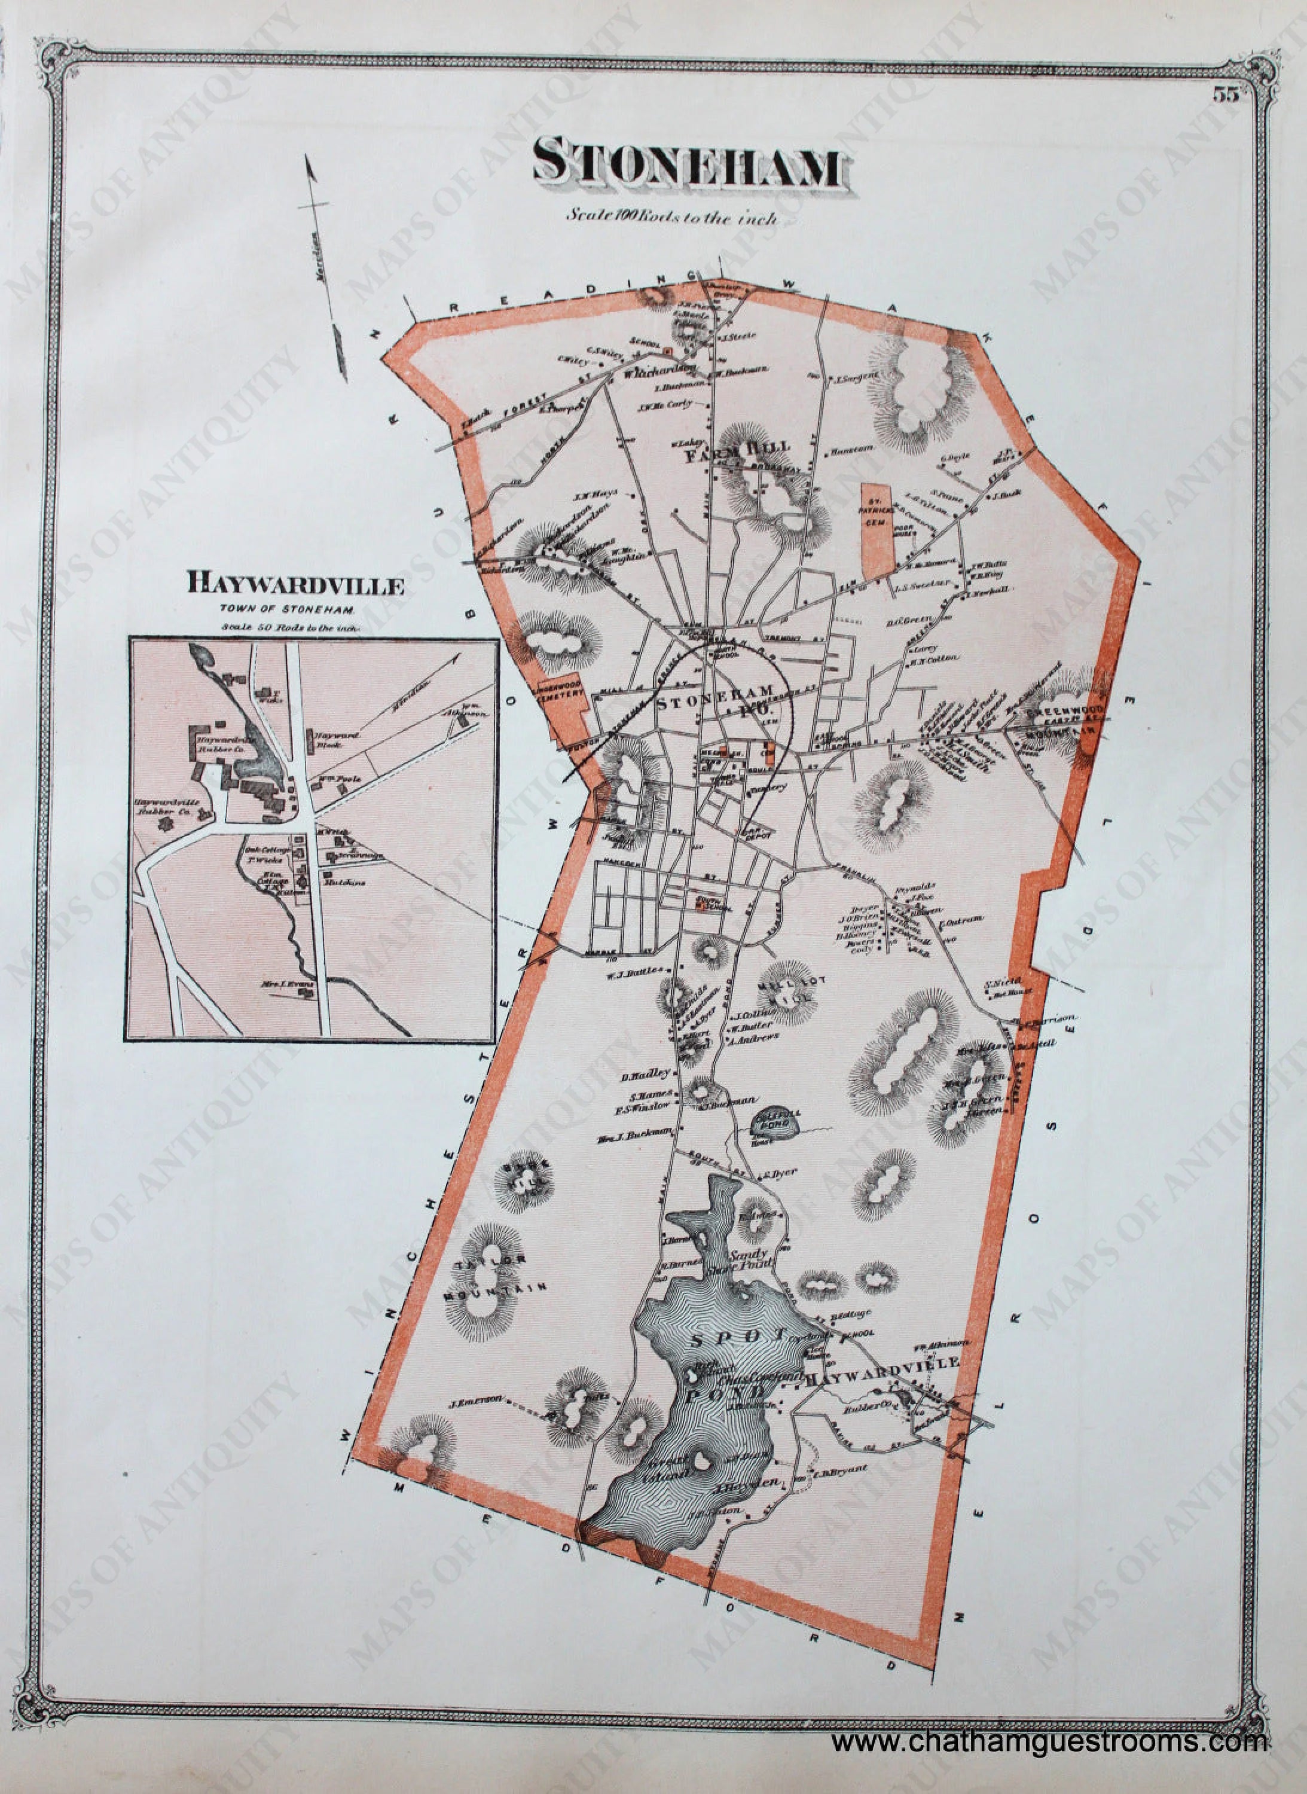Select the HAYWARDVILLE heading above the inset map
click(295, 585)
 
